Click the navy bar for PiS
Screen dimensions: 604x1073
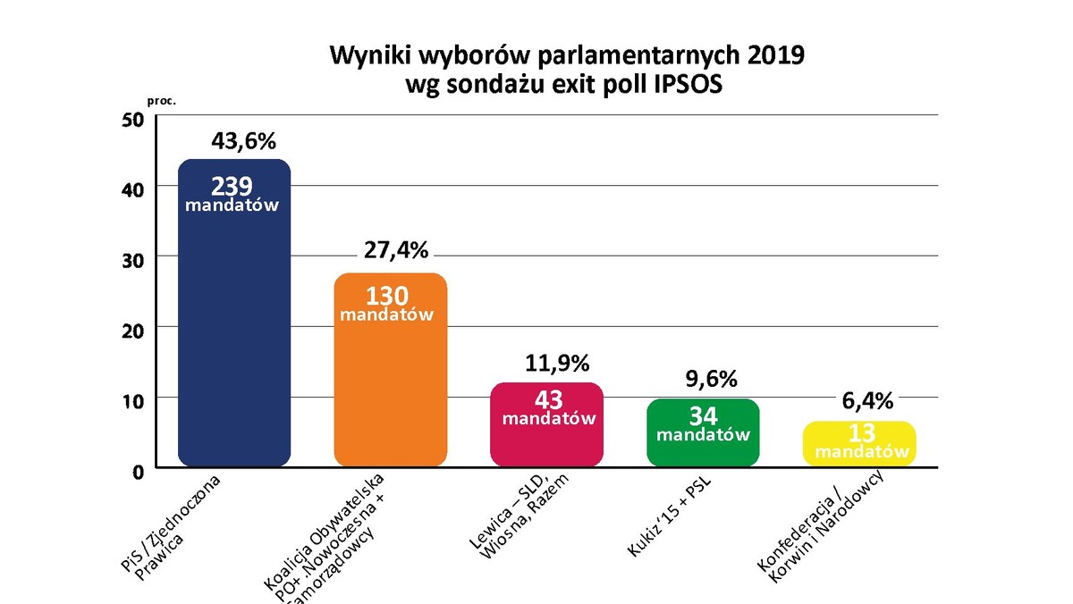click(x=234, y=340)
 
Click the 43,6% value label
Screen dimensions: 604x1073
click(x=244, y=140)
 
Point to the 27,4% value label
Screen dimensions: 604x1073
click(x=397, y=249)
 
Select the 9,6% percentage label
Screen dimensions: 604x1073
click(x=711, y=379)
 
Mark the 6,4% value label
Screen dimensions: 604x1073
click(x=867, y=401)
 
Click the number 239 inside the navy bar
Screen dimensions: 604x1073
click(x=232, y=186)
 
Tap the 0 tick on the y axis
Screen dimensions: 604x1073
click(x=138, y=470)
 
